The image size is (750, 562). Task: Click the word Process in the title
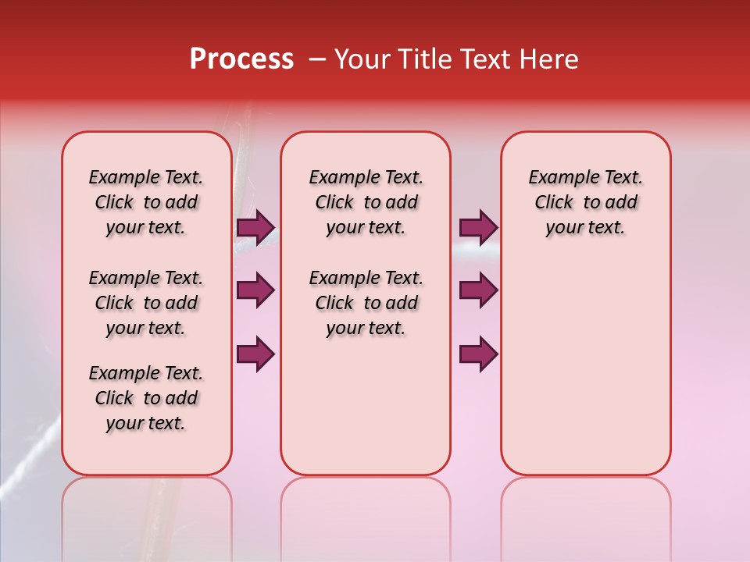[241, 59]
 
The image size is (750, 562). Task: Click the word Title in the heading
[423, 59]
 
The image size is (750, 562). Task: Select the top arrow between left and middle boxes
[255, 228]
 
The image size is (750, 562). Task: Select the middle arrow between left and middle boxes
[255, 290]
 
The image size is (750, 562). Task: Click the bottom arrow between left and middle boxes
[255, 354]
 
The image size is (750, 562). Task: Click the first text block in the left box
[146, 202]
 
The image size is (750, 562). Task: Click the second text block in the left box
[146, 303]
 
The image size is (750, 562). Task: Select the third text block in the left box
[146, 398]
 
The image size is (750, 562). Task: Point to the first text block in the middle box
[366, 202]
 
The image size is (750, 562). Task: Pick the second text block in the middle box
[366, 303]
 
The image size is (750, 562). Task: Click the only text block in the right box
[585, 202]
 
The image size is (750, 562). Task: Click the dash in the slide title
[317, 59]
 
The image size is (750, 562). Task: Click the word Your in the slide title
[362, 59]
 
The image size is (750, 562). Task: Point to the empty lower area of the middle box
[366, 406]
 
